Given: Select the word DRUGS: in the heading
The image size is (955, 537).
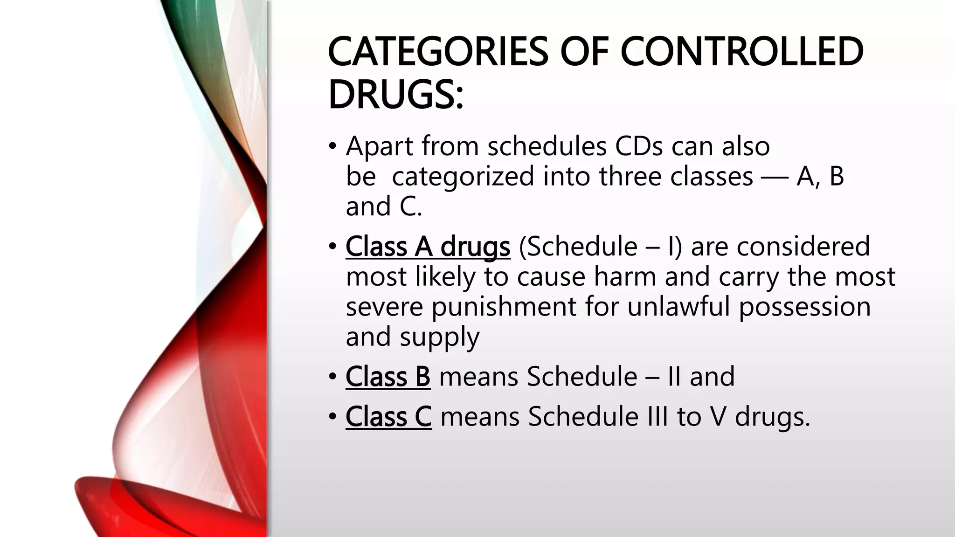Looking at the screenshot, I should coord(395,95).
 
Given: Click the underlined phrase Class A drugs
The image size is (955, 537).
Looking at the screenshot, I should coord(428,246).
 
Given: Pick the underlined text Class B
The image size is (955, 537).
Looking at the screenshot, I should coord(388,377).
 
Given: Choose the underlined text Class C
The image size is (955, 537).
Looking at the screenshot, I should coord(388,416).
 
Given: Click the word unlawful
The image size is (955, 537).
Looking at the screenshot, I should coord(678,307).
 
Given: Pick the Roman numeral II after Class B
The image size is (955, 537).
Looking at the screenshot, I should coord(674,377).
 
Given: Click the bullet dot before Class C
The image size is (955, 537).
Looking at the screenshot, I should coord(332,416).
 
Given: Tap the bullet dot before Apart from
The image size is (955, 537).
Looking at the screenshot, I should coord(332,146).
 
